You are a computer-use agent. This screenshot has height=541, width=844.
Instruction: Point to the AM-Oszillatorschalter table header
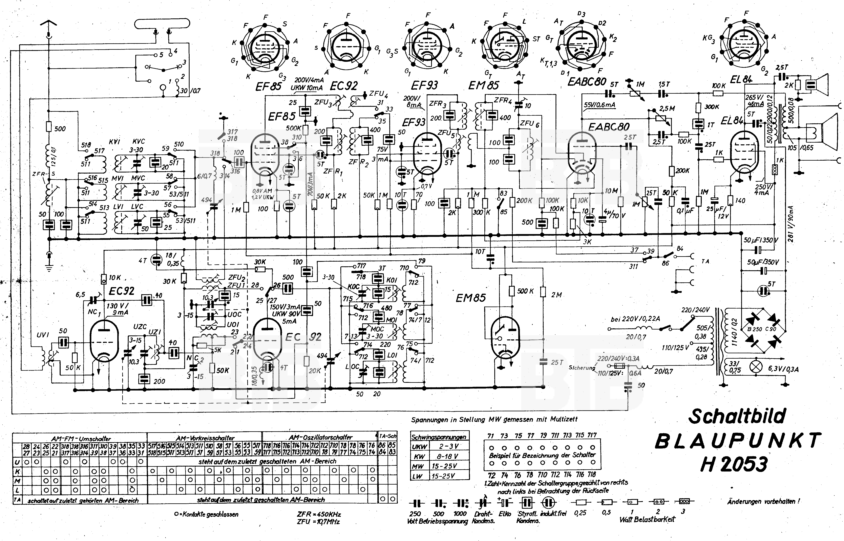[x=320, y=437]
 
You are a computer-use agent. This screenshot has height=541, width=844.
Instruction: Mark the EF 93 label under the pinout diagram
[x=424, y=85]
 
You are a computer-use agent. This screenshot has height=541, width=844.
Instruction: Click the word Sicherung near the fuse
[x=582, y=368]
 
